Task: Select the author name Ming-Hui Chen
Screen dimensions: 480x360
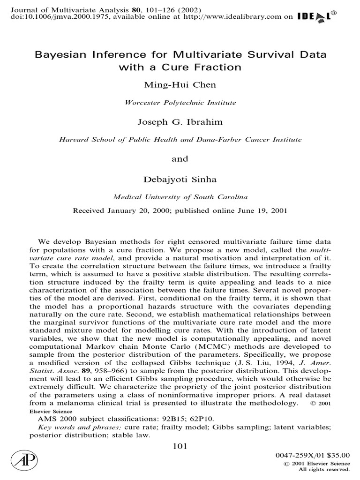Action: pyautogui.click(x=180, y=85)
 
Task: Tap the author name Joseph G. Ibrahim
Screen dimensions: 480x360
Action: pyautogui.click(x=180, y=122)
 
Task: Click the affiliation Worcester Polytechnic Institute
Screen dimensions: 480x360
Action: pyautogui.click(x=180, y=102)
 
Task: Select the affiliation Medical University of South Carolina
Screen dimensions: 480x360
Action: pyautogui.click(x=180, y=197)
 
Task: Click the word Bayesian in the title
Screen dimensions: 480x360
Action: pyautogui.click(x=61, y=54)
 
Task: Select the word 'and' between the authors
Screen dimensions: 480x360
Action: pyautogui.click(x=180, y=158)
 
